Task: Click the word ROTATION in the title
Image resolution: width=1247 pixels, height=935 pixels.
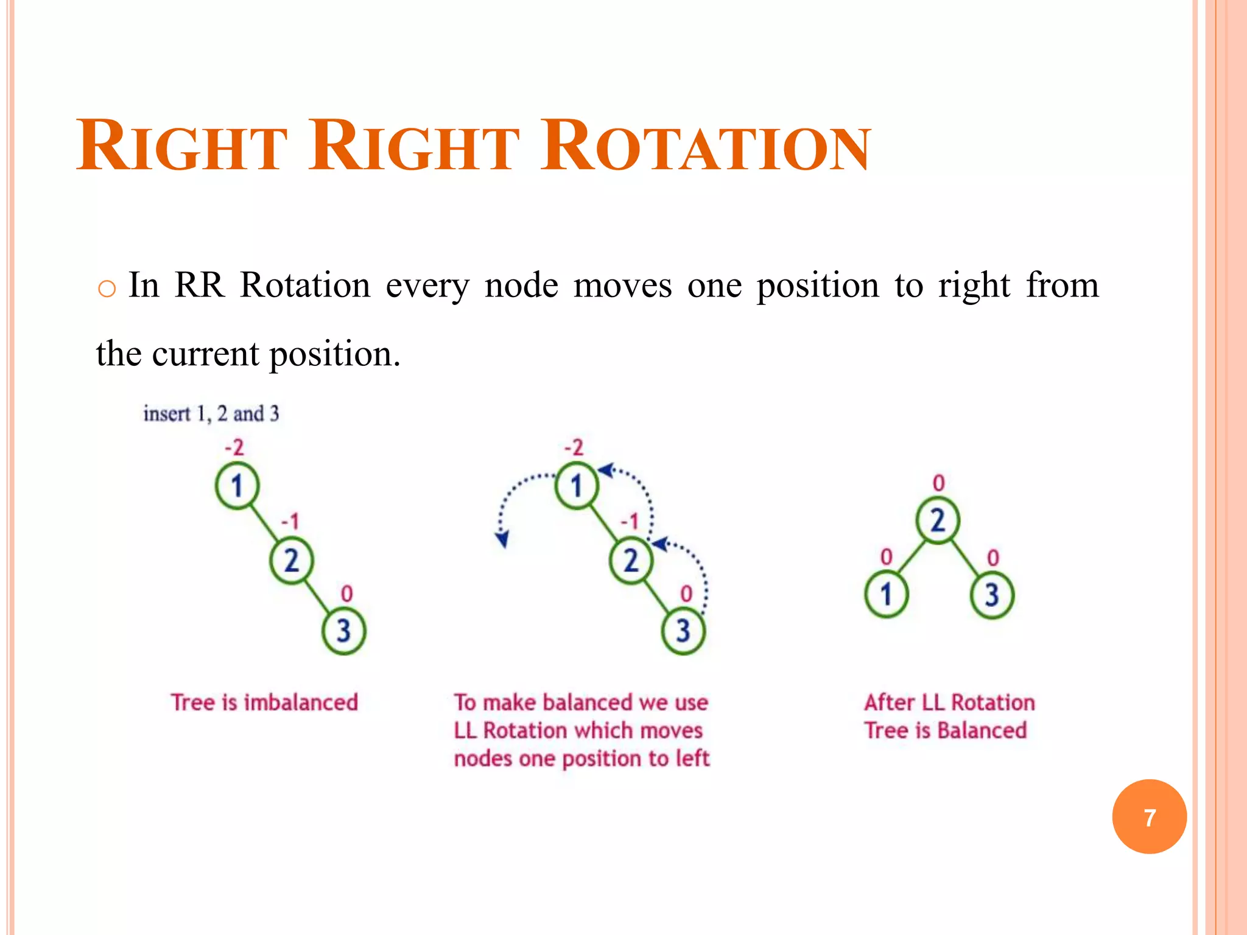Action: pos(706,148)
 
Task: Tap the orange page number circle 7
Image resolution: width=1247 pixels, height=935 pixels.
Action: pos(1149,817)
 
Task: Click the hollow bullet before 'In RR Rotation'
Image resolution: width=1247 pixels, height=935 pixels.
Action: pos(107,289)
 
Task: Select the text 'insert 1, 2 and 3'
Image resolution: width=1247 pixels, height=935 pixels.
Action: pos(211,414)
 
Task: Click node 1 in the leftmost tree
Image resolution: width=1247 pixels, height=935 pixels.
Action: pos(237,486)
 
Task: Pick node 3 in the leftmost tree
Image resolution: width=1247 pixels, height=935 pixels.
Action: pos(344,631)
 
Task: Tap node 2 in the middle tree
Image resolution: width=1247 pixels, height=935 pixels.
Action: pos(631,560)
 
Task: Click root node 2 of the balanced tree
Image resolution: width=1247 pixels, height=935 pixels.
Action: pos(938,521)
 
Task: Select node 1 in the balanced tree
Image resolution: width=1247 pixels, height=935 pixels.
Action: pos(886,594)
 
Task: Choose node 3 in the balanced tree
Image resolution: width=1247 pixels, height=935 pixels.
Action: pos(992,594)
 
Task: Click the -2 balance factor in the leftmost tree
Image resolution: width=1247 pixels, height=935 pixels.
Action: pos(234,448)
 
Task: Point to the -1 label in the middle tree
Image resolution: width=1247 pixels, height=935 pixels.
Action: pos(630,521)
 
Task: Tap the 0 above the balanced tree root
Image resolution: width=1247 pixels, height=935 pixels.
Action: pos(938,483)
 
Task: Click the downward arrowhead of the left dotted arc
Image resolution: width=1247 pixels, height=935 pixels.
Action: pos(502,540)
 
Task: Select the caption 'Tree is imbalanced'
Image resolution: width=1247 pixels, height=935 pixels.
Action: pos(264,702)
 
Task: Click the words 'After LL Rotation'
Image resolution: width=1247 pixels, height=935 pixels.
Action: pos(949,702)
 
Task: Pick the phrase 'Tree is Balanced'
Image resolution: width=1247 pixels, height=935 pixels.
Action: pos(946,730)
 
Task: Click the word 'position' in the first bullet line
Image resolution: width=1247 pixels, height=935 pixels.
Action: pos(818,285)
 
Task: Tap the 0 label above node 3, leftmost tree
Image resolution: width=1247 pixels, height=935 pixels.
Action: pos(346,594)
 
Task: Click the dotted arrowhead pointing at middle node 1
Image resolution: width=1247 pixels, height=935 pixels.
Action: pos(605,470)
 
